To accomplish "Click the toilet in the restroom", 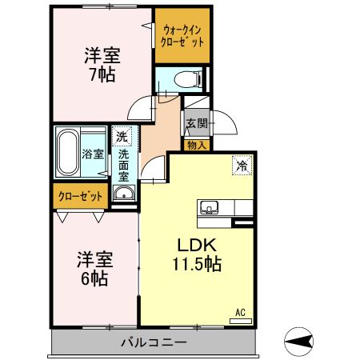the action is (x=188, y=79).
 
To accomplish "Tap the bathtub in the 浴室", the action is (x=68, y=152).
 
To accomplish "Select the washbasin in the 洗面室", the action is (x=124, y=193).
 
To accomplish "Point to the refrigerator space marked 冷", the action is (x=242, y=166).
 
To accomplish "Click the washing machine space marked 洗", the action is (x=122, y=136).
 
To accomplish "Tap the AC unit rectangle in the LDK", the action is (x=241, y=321).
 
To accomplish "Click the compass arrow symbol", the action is (x=298, y=342).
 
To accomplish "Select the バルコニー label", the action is (x=154, y=342).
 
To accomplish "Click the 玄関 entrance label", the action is (x=197, y=123).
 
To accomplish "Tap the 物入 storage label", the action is (x=197, y=146).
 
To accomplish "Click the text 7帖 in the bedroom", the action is (x=102, y=74).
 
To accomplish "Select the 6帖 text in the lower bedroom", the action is (x=94, y=278).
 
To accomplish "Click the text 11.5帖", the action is (x=197, y=264).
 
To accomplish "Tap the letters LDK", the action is (x=197, y=245).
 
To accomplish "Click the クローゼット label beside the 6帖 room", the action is (x=80, y=196).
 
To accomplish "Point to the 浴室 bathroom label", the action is (x=93, y=154).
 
